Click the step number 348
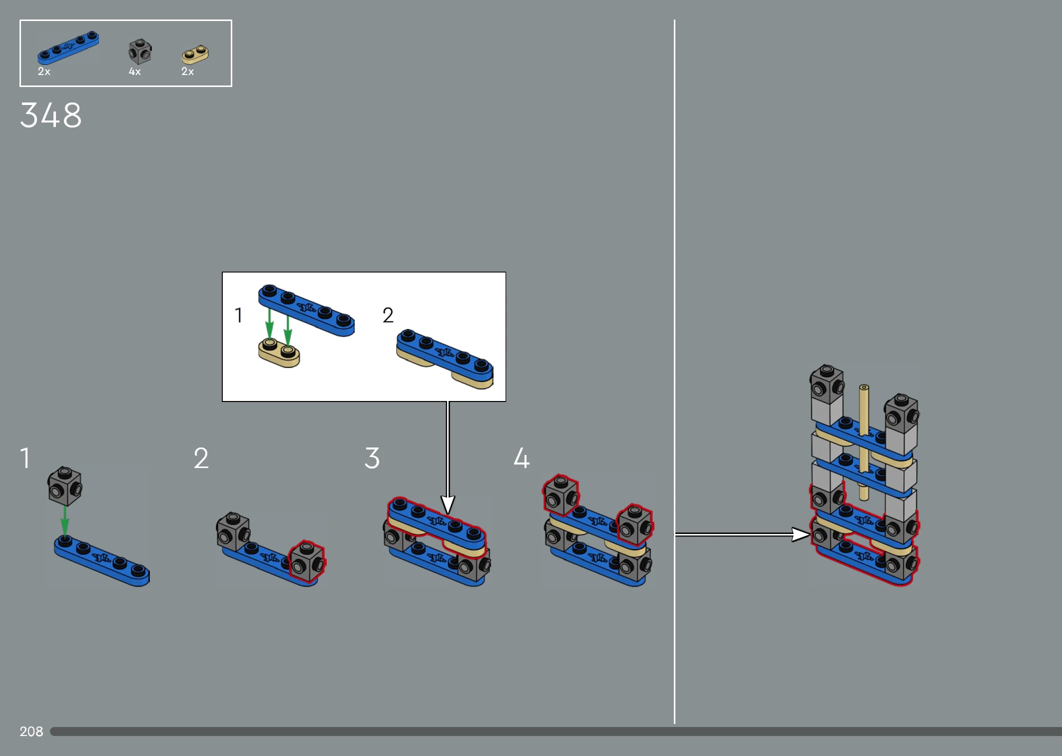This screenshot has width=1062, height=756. point(50,115)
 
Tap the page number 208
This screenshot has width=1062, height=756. point(31,731)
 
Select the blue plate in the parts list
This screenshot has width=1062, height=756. point(68,48)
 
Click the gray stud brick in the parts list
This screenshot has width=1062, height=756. point(140,51)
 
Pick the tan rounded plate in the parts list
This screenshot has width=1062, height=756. point(195,54)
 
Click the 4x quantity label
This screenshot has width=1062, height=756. point(135,71)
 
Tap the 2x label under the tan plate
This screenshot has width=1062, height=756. point(187,71)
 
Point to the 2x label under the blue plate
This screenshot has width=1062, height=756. point(44,71)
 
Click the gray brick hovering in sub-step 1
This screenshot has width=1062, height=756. point(65,486)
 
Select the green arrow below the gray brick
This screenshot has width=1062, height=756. point(65,521)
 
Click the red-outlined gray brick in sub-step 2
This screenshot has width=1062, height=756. point(307,561)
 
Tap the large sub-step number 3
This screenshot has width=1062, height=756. point(372,458)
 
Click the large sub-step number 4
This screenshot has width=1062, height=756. point(522,458)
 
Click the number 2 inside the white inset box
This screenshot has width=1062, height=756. point(388,315)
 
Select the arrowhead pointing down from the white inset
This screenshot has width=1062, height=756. point(448,504)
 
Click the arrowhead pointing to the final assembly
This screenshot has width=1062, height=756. point(801,534)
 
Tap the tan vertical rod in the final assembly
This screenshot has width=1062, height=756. point(864,442)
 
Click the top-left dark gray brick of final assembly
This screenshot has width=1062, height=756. point(827,383)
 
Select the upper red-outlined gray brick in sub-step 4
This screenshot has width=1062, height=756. point(561,495)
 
